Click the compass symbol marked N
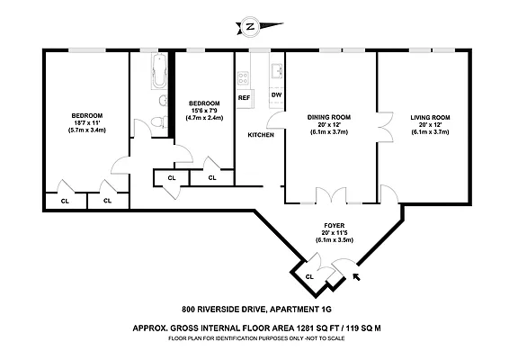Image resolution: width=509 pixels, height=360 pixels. (250, 26)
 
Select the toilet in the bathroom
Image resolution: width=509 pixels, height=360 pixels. (159, 121)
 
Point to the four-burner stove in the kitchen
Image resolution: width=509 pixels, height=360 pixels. (243, 78)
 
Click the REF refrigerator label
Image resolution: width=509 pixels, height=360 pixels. (244, 98)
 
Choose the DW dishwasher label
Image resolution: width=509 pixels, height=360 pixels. (276, 95)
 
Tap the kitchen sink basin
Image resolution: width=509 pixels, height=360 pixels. (277, 71)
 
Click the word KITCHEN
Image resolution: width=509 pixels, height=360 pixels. (261, 135)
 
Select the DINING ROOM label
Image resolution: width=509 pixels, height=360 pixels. (329, 117)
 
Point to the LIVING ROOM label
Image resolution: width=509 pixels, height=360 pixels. (430, 118)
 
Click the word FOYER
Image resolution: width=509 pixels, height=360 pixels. (334, 226)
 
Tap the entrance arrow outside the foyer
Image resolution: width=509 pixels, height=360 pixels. (356, 277)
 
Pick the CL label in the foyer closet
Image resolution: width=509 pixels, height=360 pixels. (309, 277)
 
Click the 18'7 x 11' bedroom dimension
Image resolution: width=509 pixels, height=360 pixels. (86, 123)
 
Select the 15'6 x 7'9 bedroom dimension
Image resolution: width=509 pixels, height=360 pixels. (204, 111)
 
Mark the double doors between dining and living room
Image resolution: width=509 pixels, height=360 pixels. (385, 127)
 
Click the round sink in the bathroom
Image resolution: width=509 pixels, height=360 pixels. (163, 101)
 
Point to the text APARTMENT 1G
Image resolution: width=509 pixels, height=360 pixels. (301, 310)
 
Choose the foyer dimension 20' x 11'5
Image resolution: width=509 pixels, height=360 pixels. (335, 232)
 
